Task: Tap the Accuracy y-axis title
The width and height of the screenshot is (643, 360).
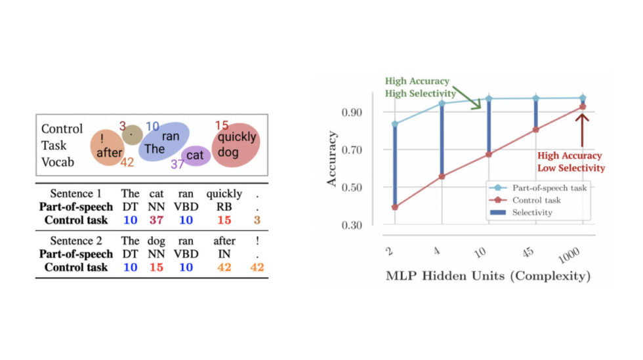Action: (333, 159)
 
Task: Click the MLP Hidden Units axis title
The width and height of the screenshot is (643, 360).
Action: (487, 276)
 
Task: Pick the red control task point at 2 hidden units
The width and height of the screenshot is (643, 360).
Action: (394, 207)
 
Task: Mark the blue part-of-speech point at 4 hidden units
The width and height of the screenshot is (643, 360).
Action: (442, 103)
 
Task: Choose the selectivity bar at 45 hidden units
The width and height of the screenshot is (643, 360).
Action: (535, 113)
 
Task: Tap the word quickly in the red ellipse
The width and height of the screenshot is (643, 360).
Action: (238, 138)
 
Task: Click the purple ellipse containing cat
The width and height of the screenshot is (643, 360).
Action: (195, 155)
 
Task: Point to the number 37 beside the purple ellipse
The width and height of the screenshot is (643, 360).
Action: (178, 165)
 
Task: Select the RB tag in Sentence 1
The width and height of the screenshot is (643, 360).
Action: (224, 207)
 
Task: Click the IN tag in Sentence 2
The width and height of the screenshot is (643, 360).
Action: (224, 254)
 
